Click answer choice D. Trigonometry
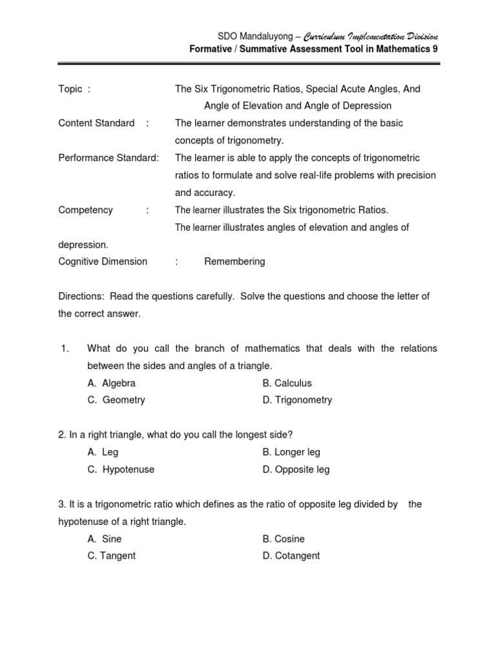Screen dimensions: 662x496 297,400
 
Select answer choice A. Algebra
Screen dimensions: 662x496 112,383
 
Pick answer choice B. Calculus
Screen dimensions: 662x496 287,383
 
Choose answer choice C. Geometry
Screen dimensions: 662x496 116,400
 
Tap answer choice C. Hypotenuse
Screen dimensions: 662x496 121,469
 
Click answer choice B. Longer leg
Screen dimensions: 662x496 291,453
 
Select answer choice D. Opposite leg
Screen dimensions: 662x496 296,469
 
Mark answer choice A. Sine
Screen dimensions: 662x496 105,539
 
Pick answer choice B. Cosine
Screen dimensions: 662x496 284,539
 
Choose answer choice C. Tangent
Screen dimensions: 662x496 112,555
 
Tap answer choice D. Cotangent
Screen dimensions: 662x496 291,555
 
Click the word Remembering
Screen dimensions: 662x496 234,262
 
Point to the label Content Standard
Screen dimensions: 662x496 96,123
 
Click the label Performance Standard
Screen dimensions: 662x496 108,158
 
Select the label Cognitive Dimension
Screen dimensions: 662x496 103,262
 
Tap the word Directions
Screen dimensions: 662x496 81,296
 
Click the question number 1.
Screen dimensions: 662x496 65,348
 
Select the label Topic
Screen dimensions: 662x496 70,89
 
